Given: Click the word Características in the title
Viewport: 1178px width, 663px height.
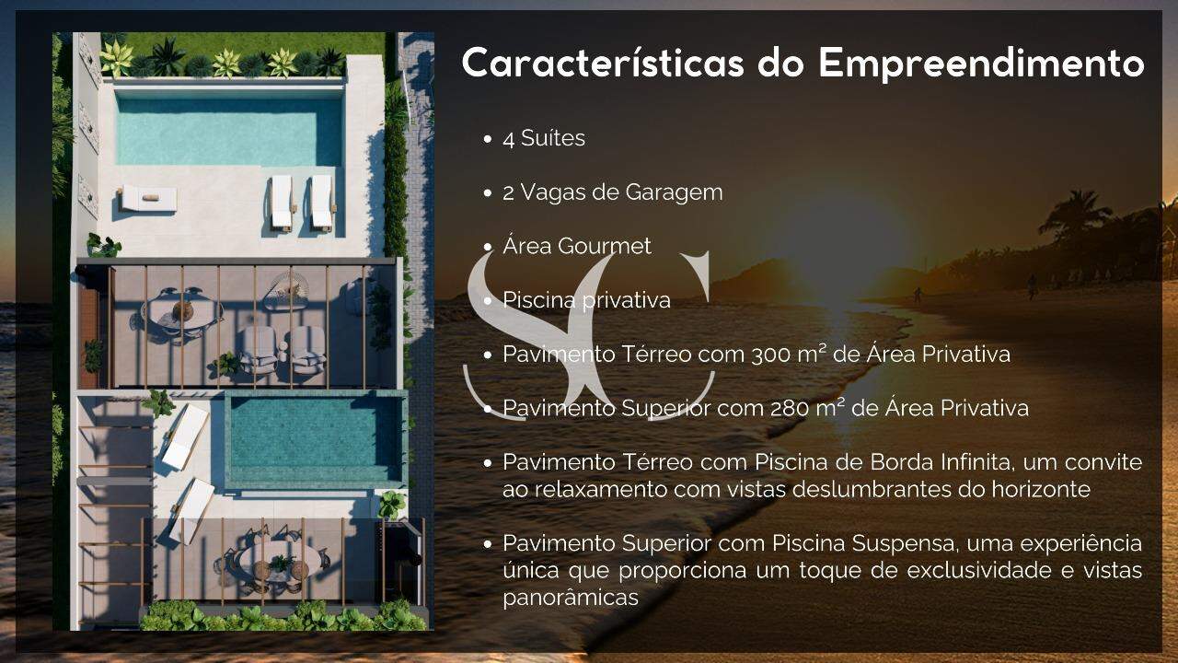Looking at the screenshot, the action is [x=603, y=64].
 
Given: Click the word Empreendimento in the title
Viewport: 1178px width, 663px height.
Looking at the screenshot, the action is [x=981, y=64].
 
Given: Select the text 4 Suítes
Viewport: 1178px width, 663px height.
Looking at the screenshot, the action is [x=544, y=138].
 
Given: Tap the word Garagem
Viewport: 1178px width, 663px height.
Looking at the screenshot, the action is [x=674, y=193].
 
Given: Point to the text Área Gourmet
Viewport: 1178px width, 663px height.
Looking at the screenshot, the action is [x=577, y=246].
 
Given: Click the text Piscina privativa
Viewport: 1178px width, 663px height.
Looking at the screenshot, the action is [x=586, y=300].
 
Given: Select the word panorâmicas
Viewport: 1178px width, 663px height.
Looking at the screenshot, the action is [x=571, y=598].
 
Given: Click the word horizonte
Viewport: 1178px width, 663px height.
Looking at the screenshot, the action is [x=1041, y=489].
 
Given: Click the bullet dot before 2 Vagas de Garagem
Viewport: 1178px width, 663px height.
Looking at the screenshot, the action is [x=487, y=193].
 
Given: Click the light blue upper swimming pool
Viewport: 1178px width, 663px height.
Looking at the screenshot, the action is [x=229, y=132].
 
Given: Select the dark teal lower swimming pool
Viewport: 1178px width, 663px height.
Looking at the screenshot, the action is [x=316, y=439].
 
